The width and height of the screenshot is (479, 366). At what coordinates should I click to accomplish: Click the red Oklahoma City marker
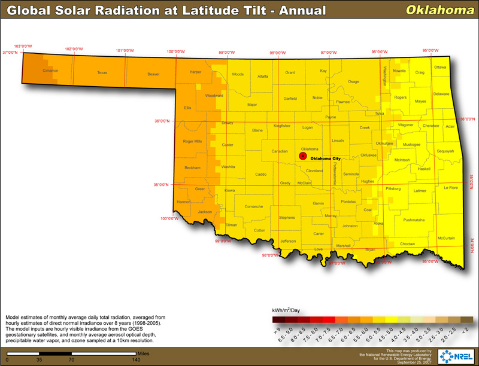pyautogui.click(x=303, y=156)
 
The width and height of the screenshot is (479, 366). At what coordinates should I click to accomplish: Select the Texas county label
pyautogui.click(x=102, y=73)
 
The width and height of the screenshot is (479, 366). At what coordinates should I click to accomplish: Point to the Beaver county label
pyautogui.click(x=153, y=75)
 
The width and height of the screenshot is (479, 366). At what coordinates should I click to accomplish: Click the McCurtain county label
pyautogui.click(x=446, y=238)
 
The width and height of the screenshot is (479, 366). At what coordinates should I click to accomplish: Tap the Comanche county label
pyautogui.click(x=254, y=206)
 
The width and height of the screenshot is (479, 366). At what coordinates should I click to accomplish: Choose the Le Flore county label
pyautogui.click(x=450, y=188)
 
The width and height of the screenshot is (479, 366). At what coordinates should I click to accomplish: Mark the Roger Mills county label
pyautogui.click(x=192, y=141)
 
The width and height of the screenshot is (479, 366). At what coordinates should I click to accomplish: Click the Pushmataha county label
pyautogui.click(x=414, y=220)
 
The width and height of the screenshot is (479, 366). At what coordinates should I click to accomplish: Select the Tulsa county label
pyautogui.click(x=379, y=113)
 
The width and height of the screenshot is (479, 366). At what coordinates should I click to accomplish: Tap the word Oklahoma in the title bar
pyautogui.click(x=433, y=10)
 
